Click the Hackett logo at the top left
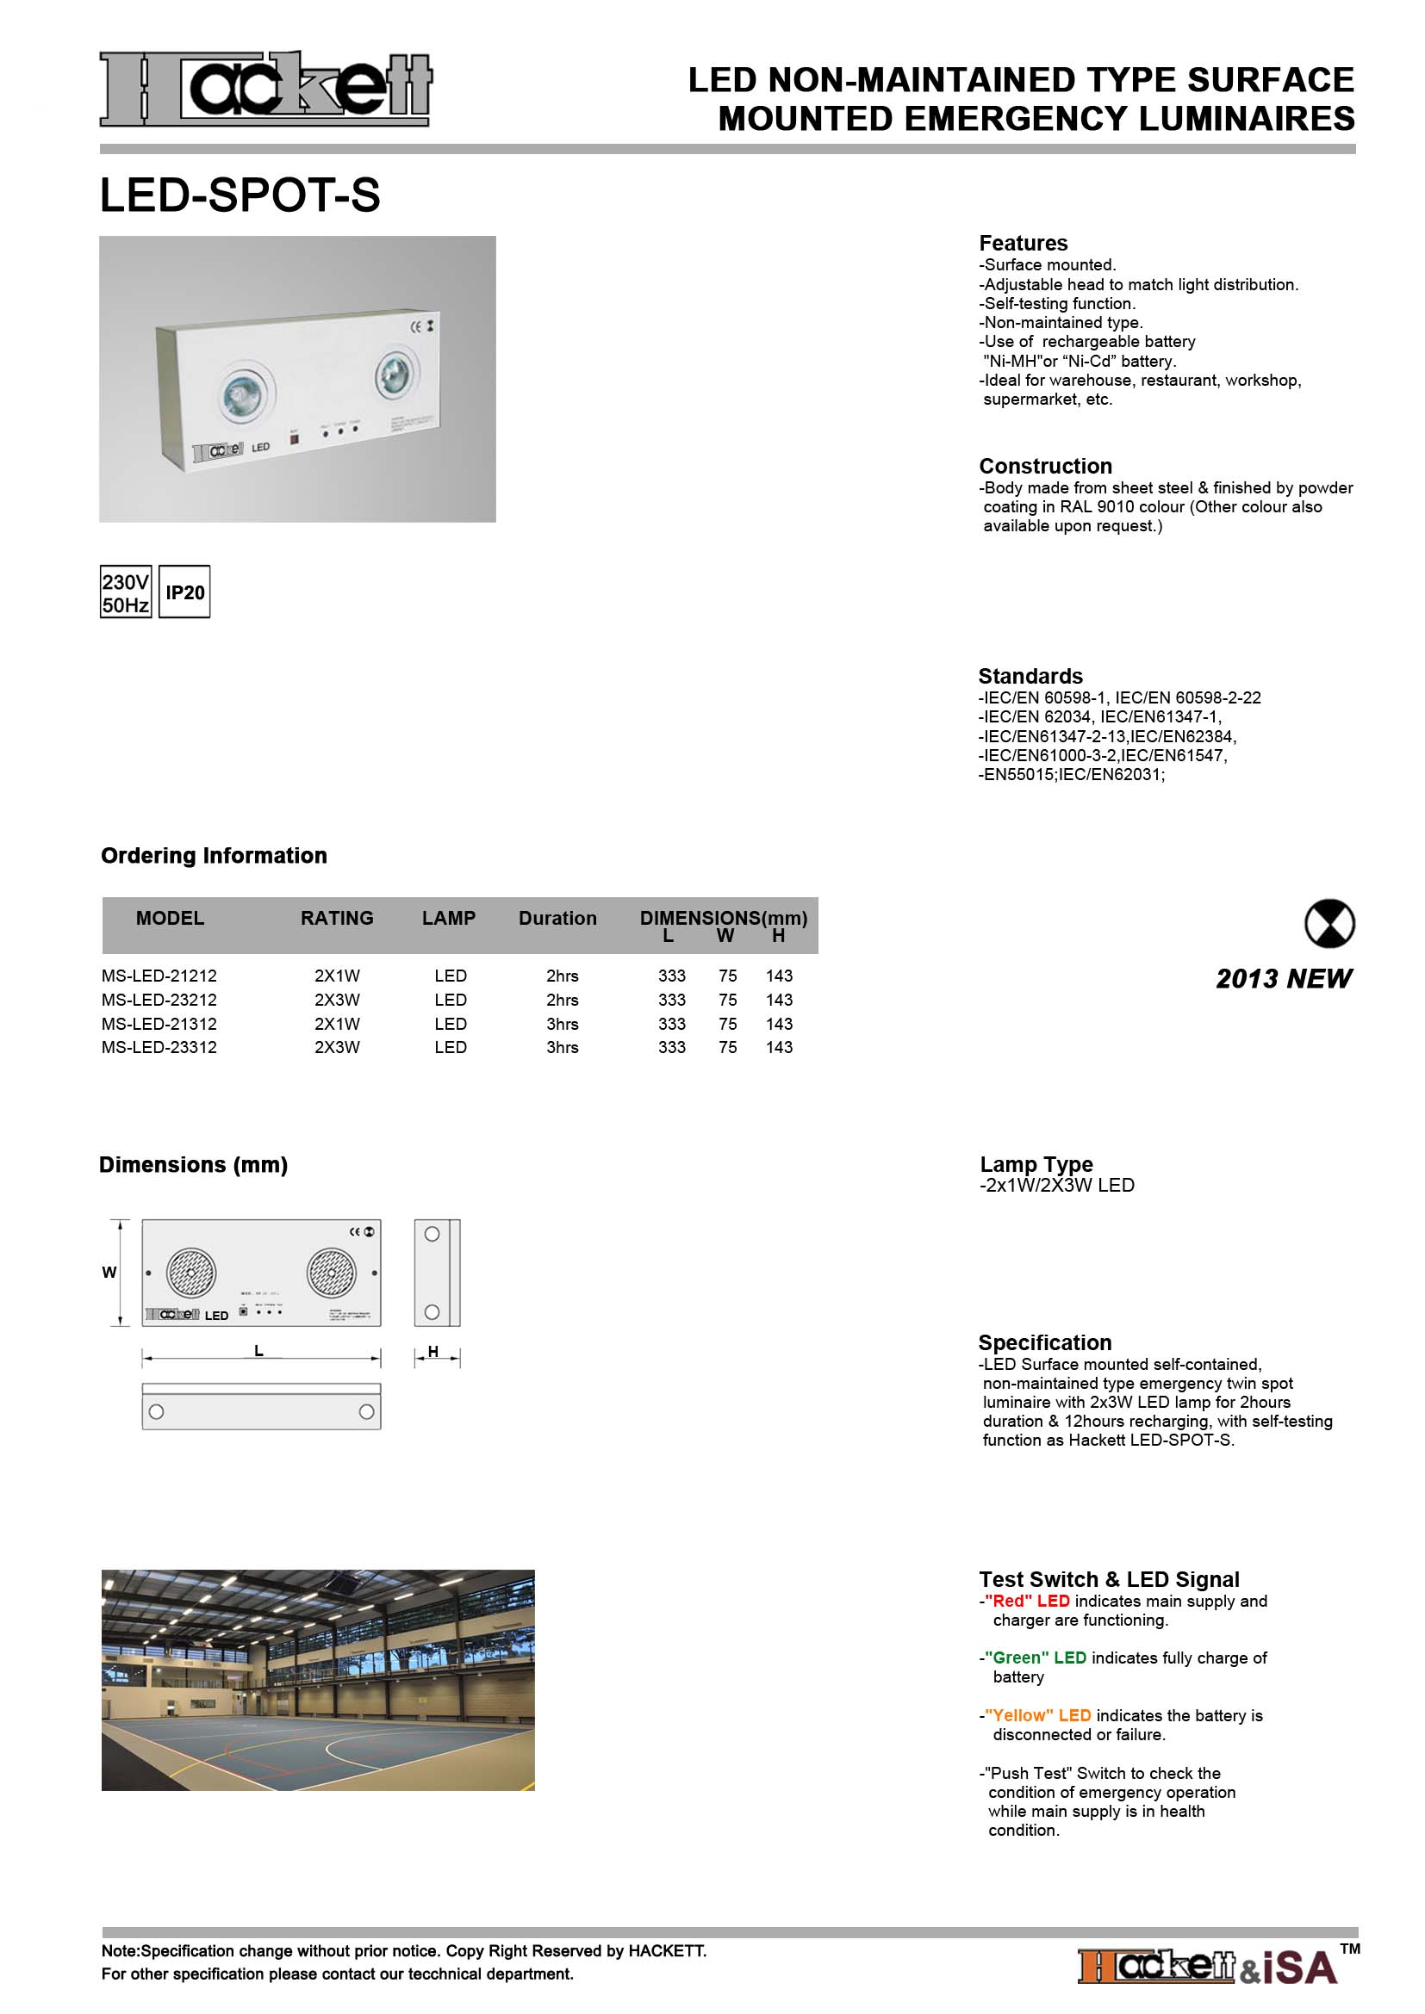click(x=265, y=89)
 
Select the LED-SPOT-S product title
click(x=240, y=195)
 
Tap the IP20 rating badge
click(x=184, y=593)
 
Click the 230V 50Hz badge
click(x=126, y=593)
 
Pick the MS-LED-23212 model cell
click(x=159, y=1000)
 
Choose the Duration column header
click(x=557, y=919)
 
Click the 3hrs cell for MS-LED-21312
click(x=562, y=1024)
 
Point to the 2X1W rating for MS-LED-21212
click(x=337, y=976)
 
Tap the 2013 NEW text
click(x=1283, y=979)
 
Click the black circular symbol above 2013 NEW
click(x=1329, y=924)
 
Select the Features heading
click(x=1024, y=243)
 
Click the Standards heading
click(x=1030, y=676)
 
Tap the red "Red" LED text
click(x=1027, y=1601)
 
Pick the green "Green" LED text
click(x=1036, y=1658)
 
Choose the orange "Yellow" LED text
click(x=1038, y=1715)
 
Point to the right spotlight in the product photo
click(x=395, y=375)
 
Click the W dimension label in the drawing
click(x=109, y=1272)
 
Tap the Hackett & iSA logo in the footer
click(x=1208, y=1967)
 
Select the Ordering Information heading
click(x=215, y=855)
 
